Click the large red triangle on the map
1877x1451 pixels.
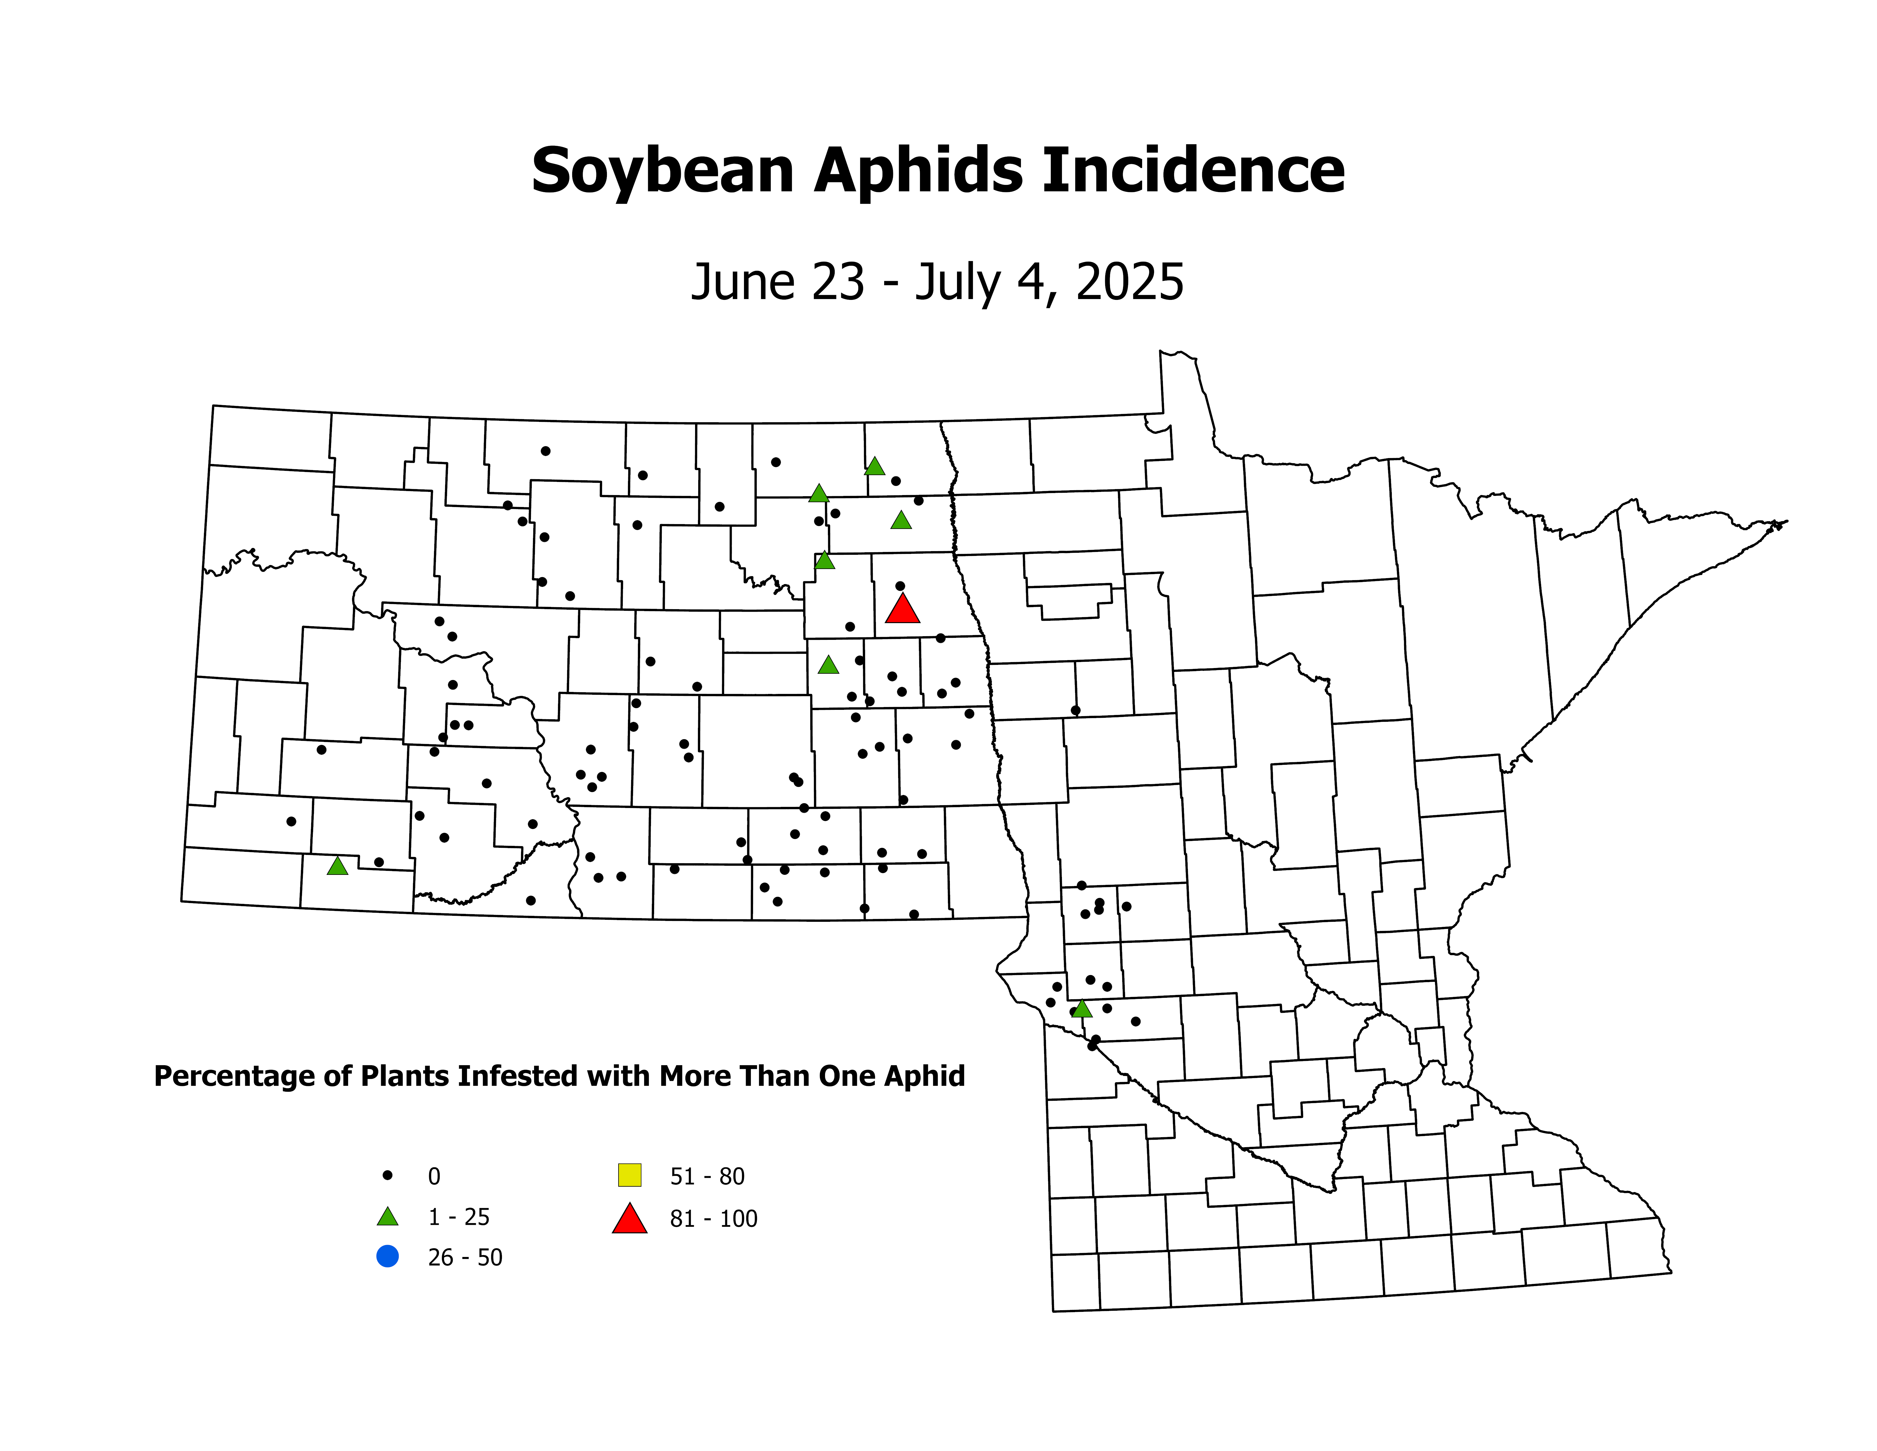[902, 609]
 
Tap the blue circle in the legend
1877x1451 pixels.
[388, 1256]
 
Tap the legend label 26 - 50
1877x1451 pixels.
[465, 1258]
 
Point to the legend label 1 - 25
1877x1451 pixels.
[459, 1217]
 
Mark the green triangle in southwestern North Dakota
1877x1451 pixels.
[338, 866]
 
